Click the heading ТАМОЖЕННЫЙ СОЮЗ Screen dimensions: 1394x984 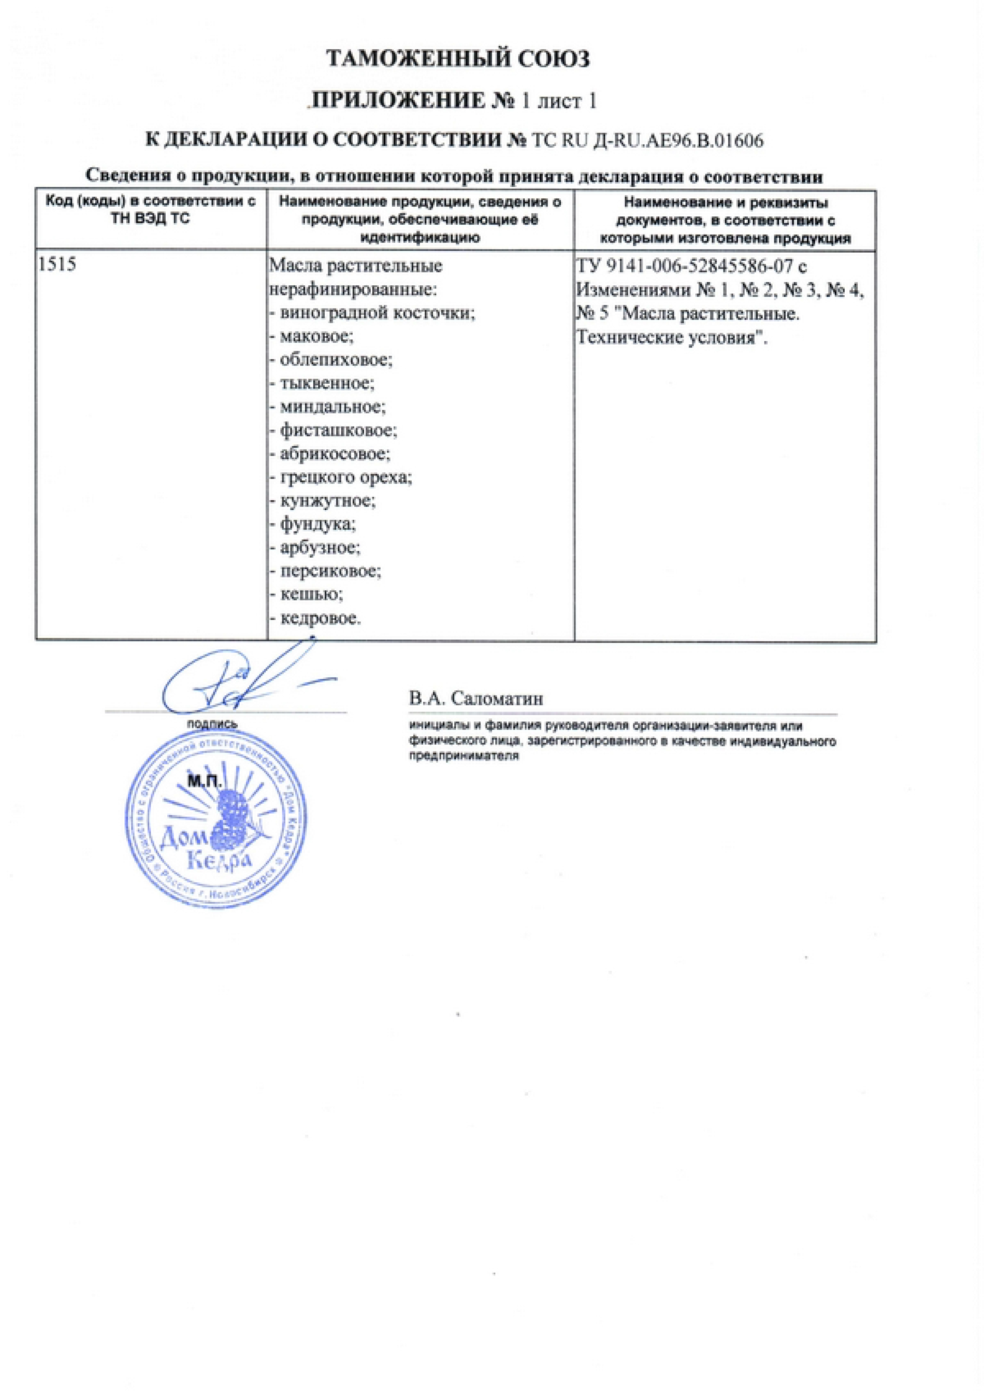tap(458, 59)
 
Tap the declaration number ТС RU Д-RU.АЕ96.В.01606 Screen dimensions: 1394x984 tap(647, 141)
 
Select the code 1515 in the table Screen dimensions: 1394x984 tap(57, 265)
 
